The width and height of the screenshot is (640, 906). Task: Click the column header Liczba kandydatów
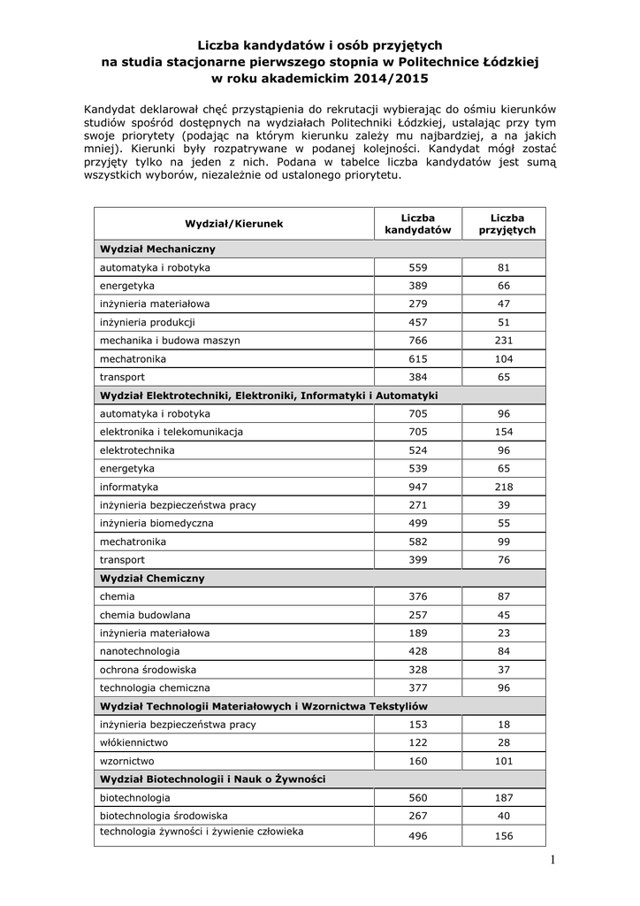tap(418, 223)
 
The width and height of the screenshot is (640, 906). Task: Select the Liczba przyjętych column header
tap(507, 223)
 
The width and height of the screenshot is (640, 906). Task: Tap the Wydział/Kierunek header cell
tap(234, 224)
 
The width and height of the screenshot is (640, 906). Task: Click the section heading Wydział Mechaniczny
tap(158, 249)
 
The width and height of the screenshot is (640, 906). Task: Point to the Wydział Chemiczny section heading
tap(152, 578)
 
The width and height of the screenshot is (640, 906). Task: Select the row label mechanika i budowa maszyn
tap(170, 340)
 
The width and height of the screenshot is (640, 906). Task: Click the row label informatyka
tap(129, 487)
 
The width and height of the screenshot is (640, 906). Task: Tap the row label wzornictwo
tap(127, 761)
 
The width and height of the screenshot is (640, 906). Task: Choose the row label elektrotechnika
tap(137, 449)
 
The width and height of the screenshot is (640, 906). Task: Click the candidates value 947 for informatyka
tap(418, 487)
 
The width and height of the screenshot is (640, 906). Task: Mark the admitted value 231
tap(505, 340)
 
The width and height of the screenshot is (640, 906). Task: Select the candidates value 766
tap(418, 340)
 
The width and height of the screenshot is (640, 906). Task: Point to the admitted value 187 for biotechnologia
tap(505, 797)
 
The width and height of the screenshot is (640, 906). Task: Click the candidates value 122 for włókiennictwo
tap(418, 742)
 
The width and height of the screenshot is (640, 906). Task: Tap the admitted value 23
tap(505, 633)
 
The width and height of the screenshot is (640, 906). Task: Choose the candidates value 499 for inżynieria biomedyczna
tap(418, 523)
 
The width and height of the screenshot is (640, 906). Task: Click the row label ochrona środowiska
tap(149, 669)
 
